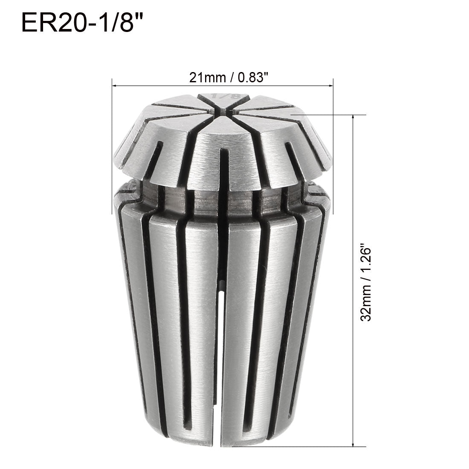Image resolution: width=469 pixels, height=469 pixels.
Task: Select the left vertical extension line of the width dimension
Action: tap(112, 145)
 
